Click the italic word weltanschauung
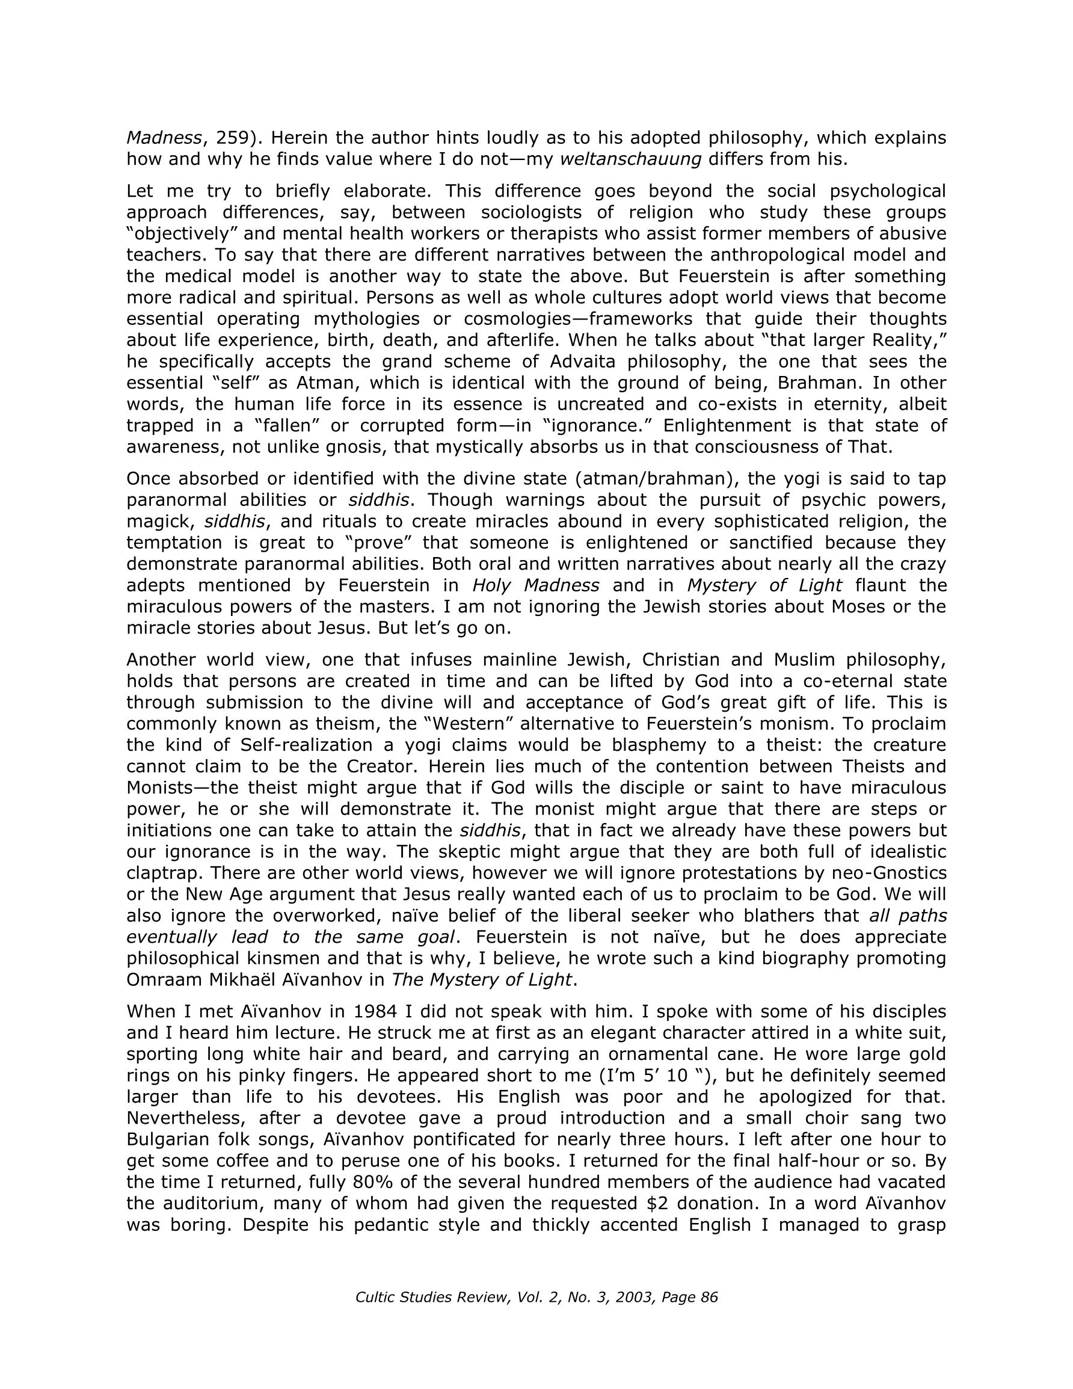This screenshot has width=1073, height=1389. coord(630,159)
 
